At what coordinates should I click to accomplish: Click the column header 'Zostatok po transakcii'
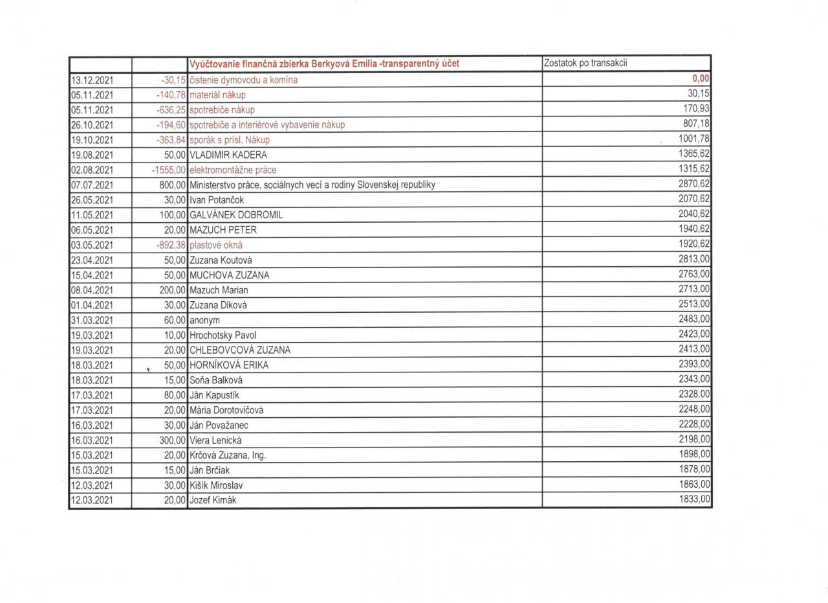point(587,63)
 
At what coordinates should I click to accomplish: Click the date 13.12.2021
point(91,80)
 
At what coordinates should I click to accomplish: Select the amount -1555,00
point(168,170)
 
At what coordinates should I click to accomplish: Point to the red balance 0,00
point(701,79)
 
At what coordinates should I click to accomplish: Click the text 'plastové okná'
point(216,245)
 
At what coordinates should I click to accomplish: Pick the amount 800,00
point(173,185)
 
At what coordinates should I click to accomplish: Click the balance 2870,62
point(694,183)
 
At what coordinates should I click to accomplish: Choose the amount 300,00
point(173,440)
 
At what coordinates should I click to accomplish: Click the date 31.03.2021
point(91,320)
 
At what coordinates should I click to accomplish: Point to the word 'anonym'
point(204,320)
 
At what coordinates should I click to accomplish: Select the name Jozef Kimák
point(213,500)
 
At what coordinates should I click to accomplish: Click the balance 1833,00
point(694,499)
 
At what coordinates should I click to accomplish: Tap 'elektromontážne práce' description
point(233,170)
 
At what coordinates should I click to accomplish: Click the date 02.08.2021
point(91,170)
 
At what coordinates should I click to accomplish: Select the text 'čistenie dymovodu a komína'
point(244,80)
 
